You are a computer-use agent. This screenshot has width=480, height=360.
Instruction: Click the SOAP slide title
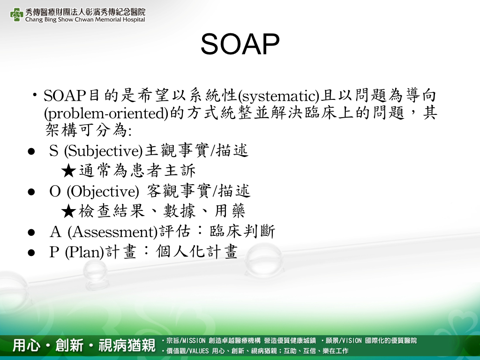click(240, 44)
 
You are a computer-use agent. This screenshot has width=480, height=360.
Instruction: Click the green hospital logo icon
click(16, 15)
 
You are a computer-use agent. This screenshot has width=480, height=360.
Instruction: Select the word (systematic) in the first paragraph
click(279, 96)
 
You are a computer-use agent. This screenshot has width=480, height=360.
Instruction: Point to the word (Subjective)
click(103, 151)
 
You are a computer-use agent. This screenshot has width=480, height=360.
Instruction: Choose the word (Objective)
click(103, 192)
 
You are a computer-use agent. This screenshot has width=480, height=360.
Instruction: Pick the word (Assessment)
click(112, 232)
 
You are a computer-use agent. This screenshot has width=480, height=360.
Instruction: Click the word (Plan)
click(84, 252)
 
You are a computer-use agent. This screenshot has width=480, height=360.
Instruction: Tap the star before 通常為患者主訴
click(68, 171)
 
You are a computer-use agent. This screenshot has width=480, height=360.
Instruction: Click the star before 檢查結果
click(68, 211)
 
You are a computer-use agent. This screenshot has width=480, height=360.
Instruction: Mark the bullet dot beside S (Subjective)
click(31, 151)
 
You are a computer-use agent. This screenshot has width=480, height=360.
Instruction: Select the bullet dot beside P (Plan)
click(31, 253)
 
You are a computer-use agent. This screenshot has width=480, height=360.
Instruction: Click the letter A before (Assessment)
click(55, 232)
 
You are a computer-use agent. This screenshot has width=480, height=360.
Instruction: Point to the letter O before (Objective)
click(55, 192)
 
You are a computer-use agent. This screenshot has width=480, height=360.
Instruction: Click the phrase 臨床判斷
click(242, 232)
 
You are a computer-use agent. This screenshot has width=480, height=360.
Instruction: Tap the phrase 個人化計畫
click(196, 252)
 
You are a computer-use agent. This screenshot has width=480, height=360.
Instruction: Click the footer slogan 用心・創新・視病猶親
click(84, 345)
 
